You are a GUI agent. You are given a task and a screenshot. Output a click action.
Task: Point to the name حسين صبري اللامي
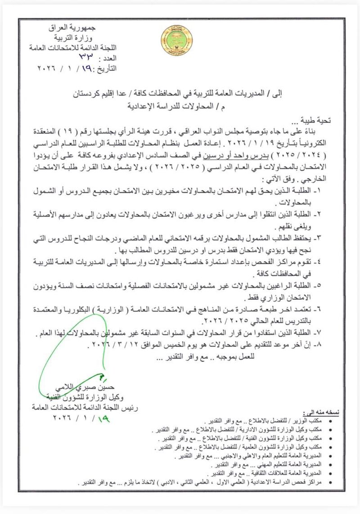[84, 387]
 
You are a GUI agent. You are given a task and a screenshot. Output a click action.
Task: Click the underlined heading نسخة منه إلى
[324, 413]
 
